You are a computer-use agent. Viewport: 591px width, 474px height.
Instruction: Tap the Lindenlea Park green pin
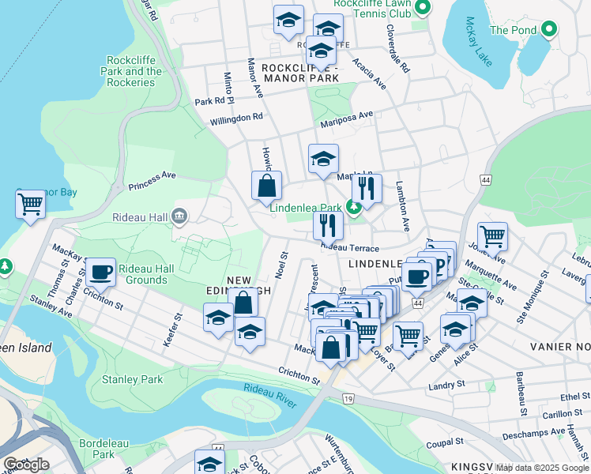pos(355,208)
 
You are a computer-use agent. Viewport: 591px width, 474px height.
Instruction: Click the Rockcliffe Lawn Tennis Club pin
pos(422,9)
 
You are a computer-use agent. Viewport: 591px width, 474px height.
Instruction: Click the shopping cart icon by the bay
pos(30,204)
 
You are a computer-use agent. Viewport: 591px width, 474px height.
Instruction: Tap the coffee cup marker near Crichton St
pos(100,272)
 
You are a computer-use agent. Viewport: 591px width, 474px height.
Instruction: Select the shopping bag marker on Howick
pos(267,186)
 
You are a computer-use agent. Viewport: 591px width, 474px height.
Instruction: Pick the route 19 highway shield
pos(348,401)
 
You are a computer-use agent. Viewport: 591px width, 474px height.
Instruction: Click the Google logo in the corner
pos(27,465)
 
